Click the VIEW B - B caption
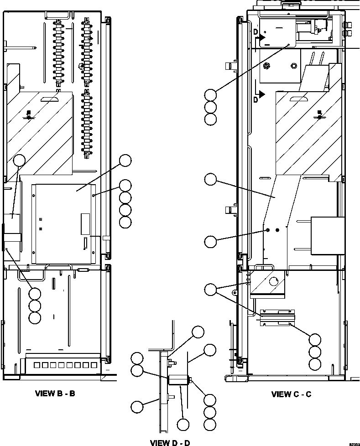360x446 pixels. click(55, 393)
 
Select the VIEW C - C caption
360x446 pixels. click(291, 394)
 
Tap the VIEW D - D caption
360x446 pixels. click(170, 442)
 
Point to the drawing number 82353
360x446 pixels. click(354, 443)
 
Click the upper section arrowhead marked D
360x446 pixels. click(261, 39)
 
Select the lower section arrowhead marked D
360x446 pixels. click(261, 94)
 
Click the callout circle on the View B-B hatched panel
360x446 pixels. click(19, 160)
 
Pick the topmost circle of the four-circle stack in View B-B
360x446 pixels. click(125, 185)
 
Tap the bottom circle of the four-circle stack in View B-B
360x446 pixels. click(125, 222)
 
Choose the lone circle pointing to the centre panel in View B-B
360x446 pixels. click(125, 160)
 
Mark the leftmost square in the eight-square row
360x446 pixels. click(32, 365)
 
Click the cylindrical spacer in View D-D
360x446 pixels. click(178, 379)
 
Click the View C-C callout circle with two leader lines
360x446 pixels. click(210, 289)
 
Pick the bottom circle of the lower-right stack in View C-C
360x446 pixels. click(315, 364)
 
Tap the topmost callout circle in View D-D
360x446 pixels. click(198, 332)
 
